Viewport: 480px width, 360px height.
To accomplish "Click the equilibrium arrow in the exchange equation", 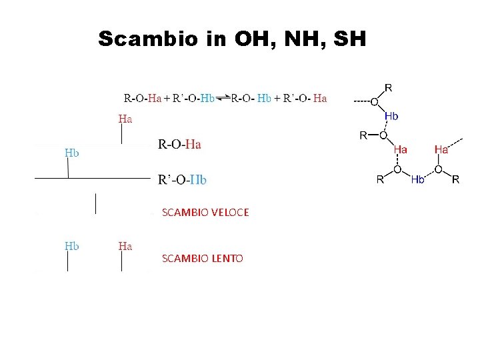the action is coord(223,99).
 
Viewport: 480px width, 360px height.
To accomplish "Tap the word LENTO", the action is coord(227,259).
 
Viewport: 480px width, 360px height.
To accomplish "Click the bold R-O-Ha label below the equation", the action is coord(180,144).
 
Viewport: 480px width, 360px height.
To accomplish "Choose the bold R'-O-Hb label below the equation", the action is coord(183,180).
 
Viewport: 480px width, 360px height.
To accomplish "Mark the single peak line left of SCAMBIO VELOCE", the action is coord(96,203).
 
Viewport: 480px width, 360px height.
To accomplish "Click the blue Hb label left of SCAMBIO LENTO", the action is coord(72,246).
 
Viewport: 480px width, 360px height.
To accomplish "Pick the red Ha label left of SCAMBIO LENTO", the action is coord(125,246).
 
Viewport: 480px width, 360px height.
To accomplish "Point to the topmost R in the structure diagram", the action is coord(388,87).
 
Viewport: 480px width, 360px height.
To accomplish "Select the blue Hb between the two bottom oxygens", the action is coord(418,179).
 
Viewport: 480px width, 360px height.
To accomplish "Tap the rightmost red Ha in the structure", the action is coord(441,150).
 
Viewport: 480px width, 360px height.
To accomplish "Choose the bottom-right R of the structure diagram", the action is coord(456,179).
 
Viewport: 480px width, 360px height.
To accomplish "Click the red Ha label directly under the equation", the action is coord(125,119).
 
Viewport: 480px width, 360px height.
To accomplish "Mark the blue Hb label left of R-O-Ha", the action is coord(72,153).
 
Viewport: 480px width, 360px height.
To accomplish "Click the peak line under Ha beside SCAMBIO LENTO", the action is coord(121,263).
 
